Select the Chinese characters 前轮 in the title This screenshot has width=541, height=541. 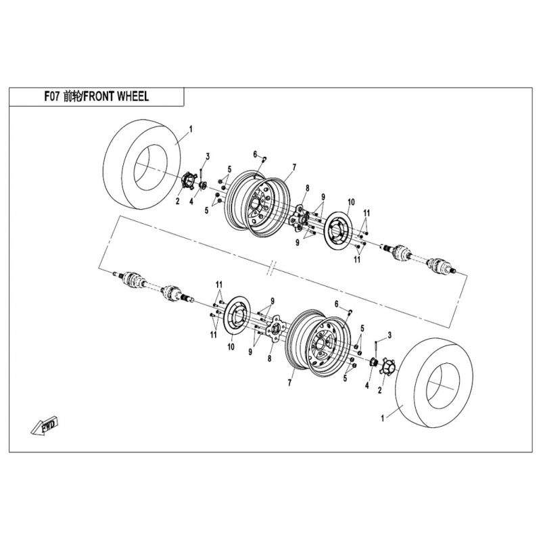72,97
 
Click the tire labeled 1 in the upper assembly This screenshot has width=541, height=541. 142,164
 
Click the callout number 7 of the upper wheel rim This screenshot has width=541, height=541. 294,167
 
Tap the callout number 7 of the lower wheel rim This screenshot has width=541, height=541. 290,383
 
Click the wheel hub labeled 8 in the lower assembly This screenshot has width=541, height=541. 275,328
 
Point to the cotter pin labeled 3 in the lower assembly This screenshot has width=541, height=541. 375,348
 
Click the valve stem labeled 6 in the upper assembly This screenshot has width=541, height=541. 265,158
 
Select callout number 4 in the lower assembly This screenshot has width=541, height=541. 367,385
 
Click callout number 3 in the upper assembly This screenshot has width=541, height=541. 208,156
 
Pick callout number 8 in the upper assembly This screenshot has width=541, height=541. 308,188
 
